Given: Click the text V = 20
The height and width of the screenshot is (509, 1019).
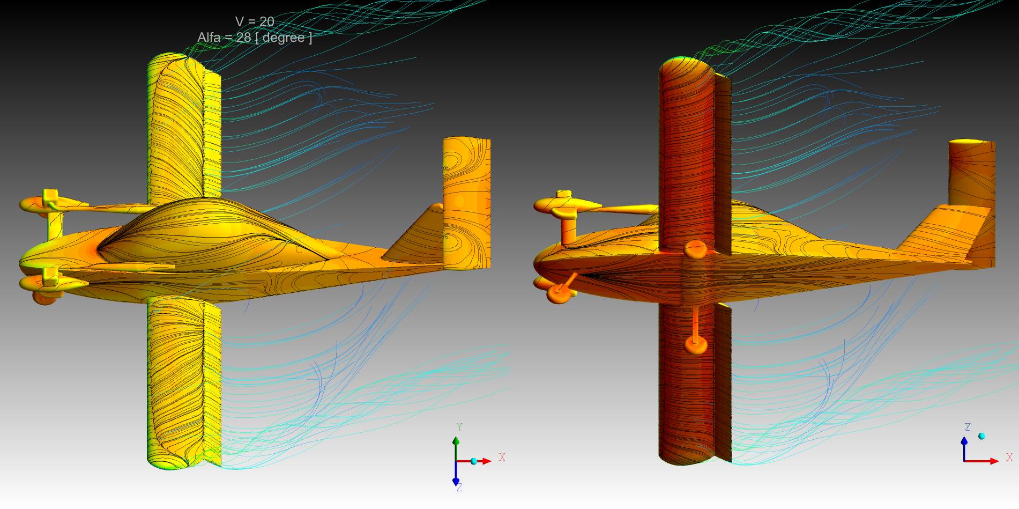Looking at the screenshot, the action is click(x=255, y=21).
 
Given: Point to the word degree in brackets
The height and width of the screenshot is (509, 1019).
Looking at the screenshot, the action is click(x=284, y=38).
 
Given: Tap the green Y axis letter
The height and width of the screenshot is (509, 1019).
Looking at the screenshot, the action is click(x=459, y=427).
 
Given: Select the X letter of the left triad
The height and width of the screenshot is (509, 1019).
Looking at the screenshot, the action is click(x=502, y=458).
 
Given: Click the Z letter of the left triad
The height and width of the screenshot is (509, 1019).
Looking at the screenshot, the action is click(x=459, y=488).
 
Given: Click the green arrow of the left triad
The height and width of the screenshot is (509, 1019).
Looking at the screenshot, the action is click(x=456, y=448).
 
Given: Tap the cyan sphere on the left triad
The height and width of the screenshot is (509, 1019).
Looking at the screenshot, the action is click(x=474, y=461).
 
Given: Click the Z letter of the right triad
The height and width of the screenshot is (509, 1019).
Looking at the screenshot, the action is click(x=968, y=427).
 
